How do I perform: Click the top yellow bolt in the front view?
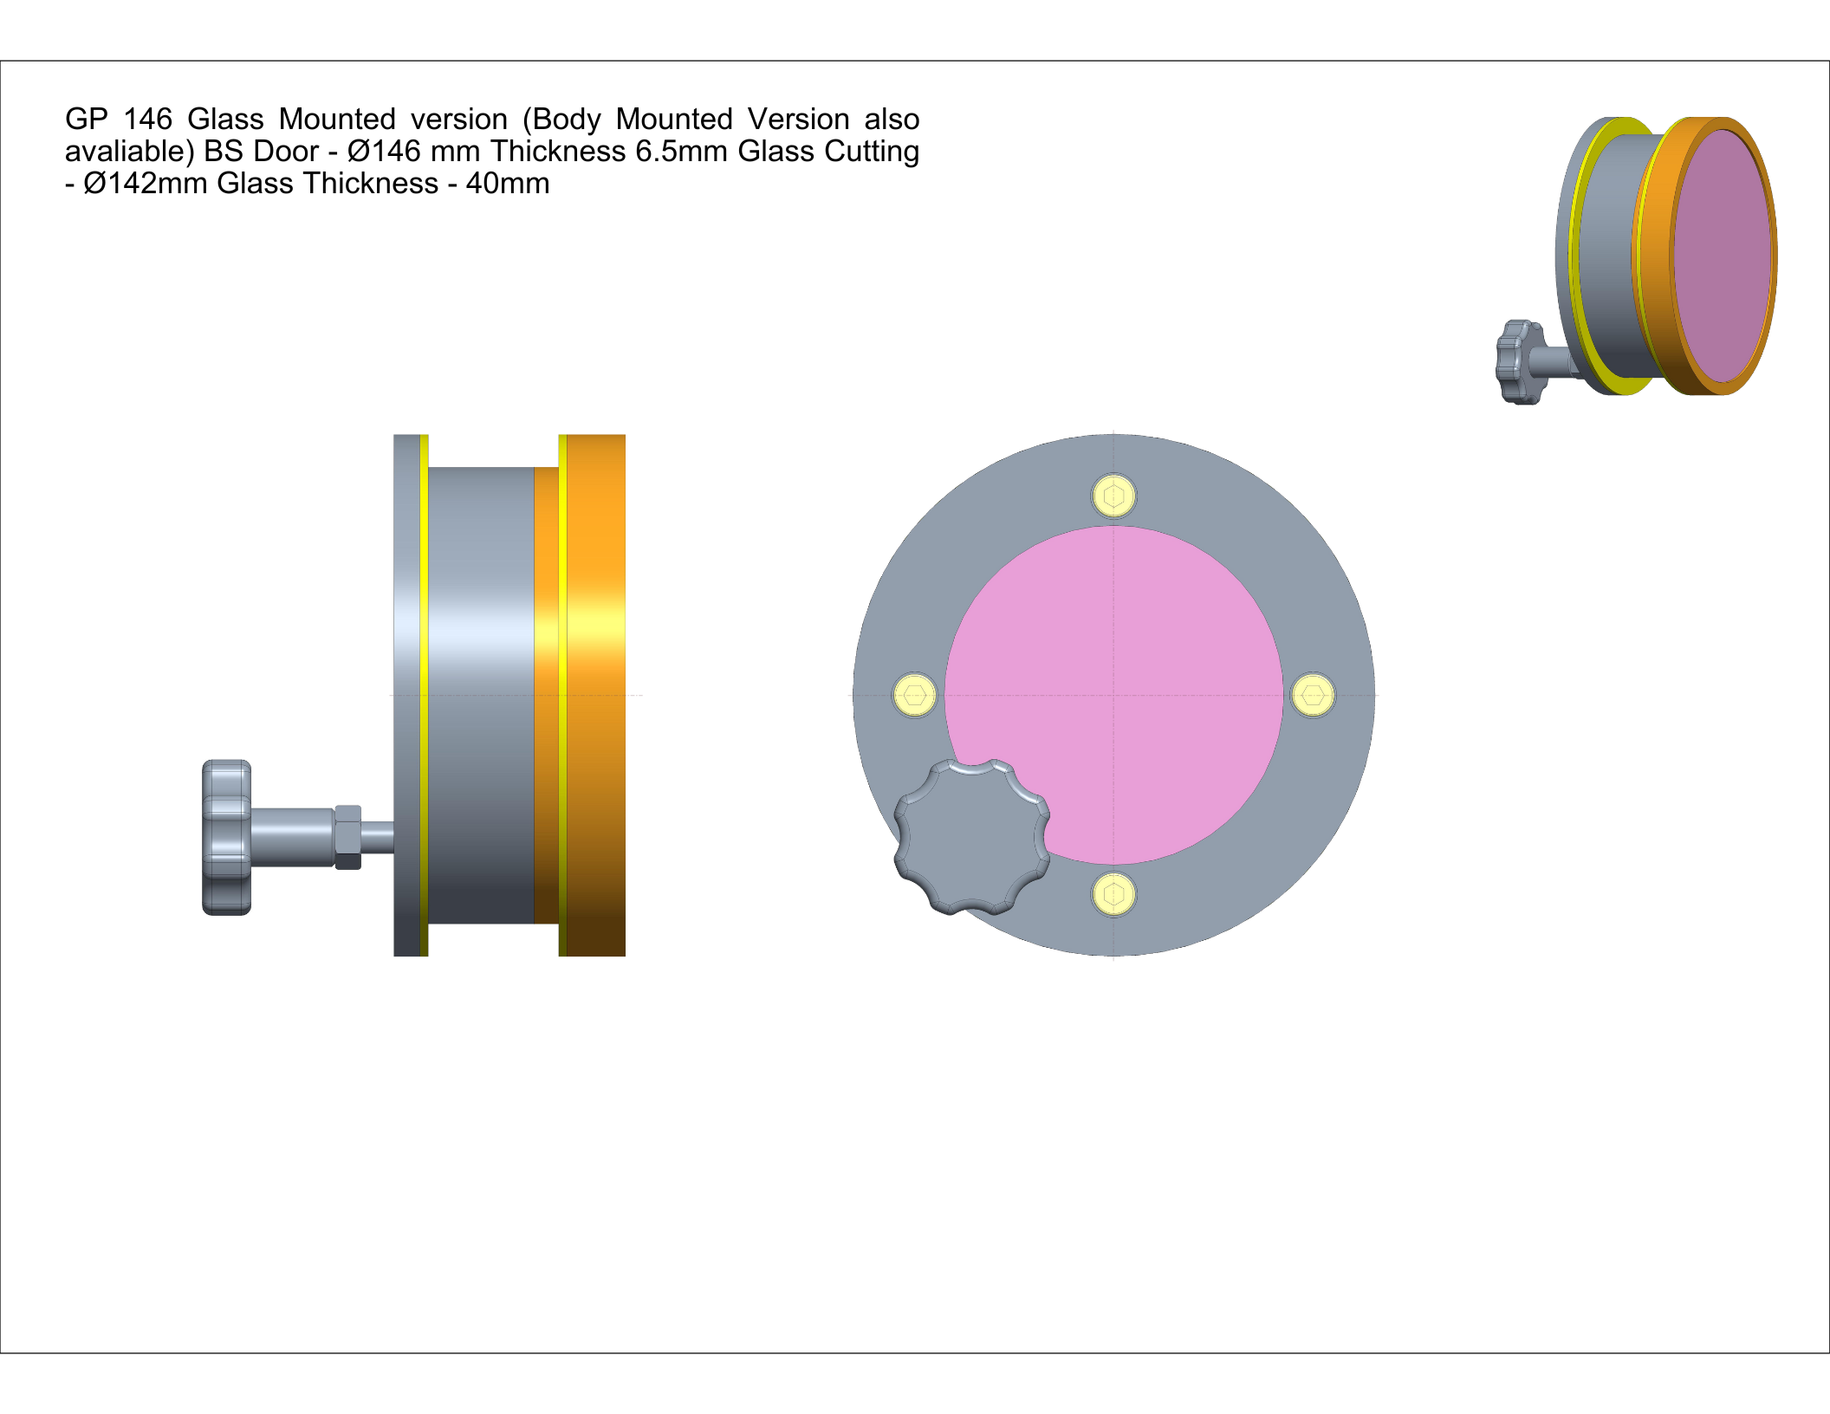(1113, 496)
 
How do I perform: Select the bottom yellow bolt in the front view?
(1113, 893)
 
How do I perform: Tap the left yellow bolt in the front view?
(915, 695)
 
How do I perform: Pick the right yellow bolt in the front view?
(1313, 695)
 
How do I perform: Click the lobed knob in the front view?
(971, 837)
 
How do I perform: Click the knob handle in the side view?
(227, 837)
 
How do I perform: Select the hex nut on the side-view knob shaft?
(347, 837)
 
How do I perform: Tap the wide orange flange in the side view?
(595, 695)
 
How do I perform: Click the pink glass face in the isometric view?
(1723, 256)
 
